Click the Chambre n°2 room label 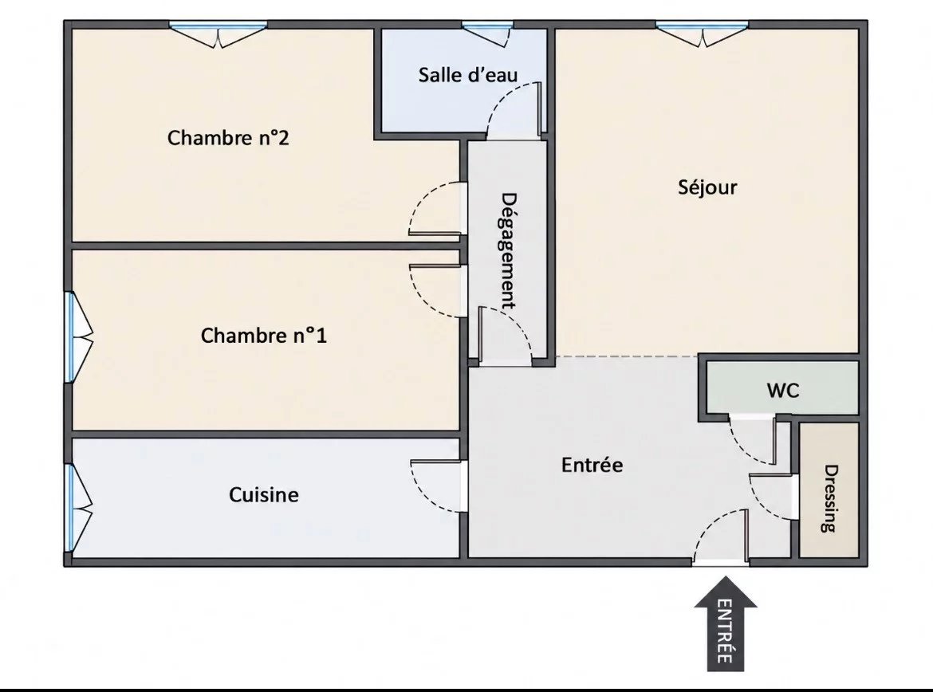[228, 138]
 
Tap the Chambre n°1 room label [264, 336]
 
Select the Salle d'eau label [467, 75]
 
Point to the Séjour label [707, 187]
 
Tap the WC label [783, 391]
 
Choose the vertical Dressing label [829, 498]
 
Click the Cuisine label [264, 495]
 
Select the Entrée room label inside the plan [592, 465]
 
